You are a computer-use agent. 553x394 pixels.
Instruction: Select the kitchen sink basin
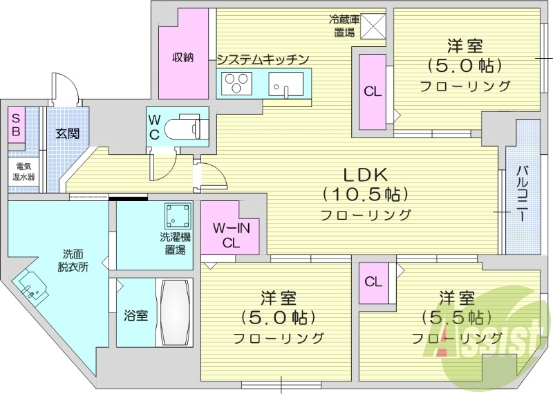click(x=283, y=86)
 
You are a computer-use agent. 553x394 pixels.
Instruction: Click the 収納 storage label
click(x=182, y=57)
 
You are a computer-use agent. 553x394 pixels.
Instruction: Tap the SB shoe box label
click(x=15, y=126)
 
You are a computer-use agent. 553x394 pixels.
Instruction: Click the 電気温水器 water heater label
click(x=22, y=172)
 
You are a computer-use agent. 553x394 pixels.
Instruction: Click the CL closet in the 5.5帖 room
click(x=373, y=281)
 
